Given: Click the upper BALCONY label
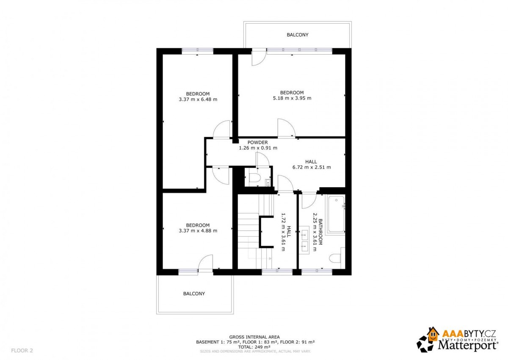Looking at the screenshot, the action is click(297, 35).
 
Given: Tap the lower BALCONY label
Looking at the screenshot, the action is click(194, 294).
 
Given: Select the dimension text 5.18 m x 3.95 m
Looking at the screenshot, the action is click(292, 98).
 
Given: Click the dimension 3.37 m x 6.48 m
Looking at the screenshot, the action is click(198, 100).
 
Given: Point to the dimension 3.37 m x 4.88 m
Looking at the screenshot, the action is click(198, 231).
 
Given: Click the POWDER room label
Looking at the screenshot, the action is click(258, 142).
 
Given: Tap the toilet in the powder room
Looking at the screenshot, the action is click(254, 178).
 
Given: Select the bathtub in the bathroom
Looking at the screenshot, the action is click(336, 214).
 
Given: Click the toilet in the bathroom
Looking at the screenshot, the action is click(335, 258).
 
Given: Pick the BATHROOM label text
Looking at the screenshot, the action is click(320, 232).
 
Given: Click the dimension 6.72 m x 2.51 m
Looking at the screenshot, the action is click(312, 167).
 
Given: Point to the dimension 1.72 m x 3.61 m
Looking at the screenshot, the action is click(283, 232).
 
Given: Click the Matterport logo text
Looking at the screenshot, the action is click(468, 346).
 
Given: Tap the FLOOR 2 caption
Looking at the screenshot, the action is click(22, 351).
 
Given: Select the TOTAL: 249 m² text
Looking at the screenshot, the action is click(254, 347).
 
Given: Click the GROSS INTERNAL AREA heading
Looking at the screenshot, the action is click(254, 337).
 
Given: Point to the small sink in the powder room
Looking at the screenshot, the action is click(268, 183).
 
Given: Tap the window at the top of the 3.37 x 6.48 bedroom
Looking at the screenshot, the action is click(197, 51).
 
